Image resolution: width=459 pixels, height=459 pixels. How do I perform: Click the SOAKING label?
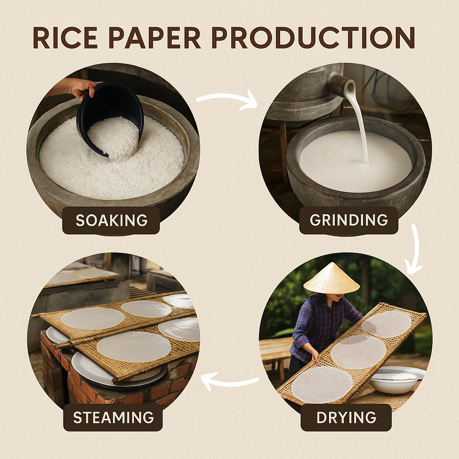click(x=111, y=220)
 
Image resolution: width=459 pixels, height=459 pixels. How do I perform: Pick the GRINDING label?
click(x=349, y=220)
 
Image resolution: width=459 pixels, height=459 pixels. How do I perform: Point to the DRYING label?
click(x=346, y=417)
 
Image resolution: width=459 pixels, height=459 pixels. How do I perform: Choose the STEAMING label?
click(x=113, y=417)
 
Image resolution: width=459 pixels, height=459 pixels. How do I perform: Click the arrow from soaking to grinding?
click(x=227, y=98)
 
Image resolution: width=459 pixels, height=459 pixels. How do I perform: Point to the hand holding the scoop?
click(x=76, y=87)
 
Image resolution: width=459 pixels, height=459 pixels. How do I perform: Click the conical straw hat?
click(x=331, y=279)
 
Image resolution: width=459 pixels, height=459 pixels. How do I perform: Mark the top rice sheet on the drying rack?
click(x=386, y=323)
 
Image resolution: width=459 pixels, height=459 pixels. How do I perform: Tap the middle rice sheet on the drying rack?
click(x=358, y=351)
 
